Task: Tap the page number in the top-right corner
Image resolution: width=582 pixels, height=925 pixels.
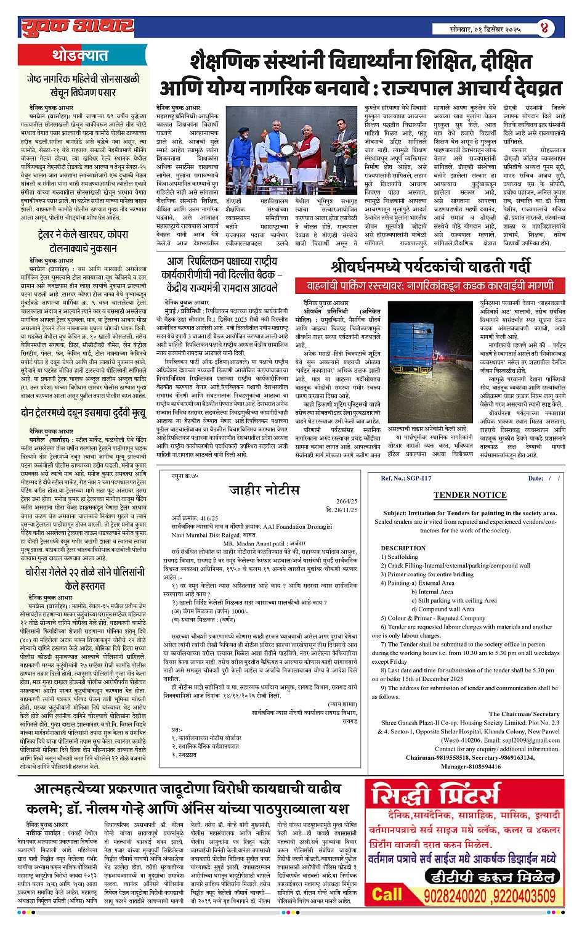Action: click(x=544, y=27)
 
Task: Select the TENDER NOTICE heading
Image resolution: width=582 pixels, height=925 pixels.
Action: click(x=469, y=495)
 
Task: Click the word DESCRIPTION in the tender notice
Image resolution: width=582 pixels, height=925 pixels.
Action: click(x=403, y=548)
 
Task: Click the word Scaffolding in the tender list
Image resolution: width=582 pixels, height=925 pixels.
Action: click(x=403, y=557)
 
